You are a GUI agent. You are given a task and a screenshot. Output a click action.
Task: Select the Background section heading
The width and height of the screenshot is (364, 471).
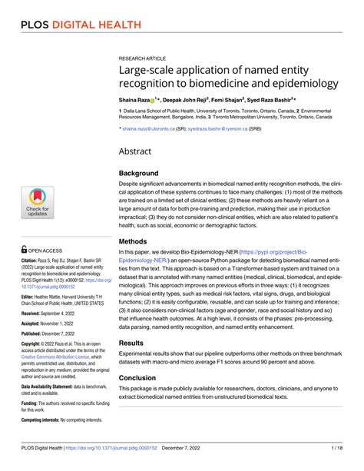[139, 174]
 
